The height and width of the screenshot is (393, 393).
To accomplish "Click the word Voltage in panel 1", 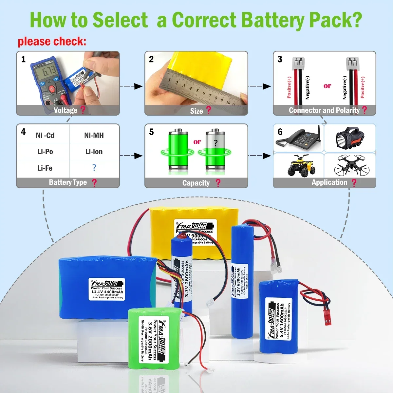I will (x=65, y=110).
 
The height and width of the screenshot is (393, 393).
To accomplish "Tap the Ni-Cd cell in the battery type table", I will (x=45, y=135).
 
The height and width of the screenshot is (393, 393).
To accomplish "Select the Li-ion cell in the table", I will (x=94, y=152).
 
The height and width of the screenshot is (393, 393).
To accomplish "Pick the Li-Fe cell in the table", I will (x=45, y=168).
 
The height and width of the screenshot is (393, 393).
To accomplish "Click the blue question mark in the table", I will (x=94, y=168).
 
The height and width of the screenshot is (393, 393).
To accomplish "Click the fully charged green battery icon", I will (x=178, y=150).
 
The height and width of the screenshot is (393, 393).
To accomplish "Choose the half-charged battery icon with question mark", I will (x=215, y=150).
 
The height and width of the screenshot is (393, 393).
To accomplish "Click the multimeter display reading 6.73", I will (x=49, y=70).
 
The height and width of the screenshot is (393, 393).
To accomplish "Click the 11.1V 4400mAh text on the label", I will (x=107, y=292).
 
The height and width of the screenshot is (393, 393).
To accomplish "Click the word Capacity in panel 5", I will (x=196, y=183).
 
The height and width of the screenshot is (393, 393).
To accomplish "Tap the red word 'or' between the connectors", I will (x=327, y=86).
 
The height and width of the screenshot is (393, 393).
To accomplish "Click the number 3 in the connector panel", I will (x=280, y=59).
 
